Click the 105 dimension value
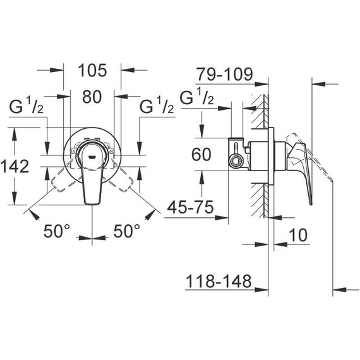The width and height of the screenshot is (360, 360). point(92,70)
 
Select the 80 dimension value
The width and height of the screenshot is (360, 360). point(92,97)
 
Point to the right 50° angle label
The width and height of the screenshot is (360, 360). point(127,231)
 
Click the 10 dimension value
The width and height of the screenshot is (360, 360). point(298,235)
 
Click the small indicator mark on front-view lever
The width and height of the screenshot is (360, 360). point(92,153)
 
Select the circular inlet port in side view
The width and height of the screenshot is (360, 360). point(237,160)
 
